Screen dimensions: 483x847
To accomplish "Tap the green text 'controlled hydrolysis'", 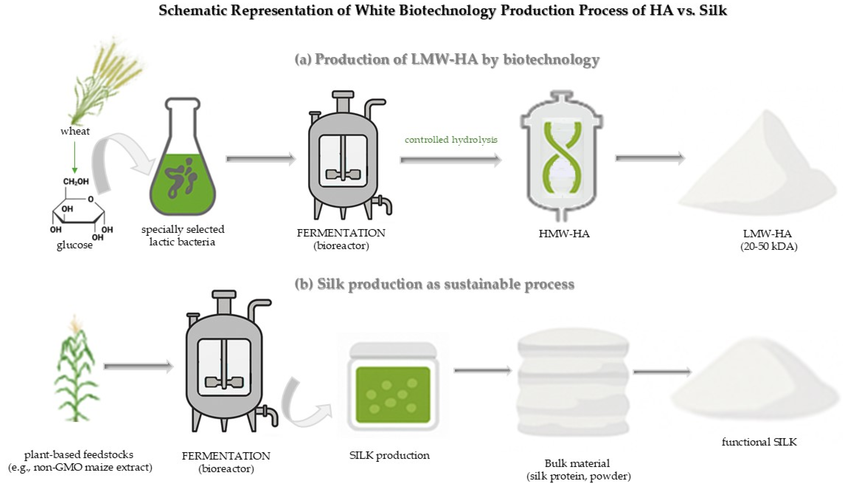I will click(x=451, y=140).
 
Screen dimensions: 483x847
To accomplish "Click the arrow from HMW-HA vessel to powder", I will click(x=650, y=158).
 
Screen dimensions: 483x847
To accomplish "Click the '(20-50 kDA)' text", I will click(x=769, y=247).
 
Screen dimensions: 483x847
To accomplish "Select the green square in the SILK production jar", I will click(x=393, y=395).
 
